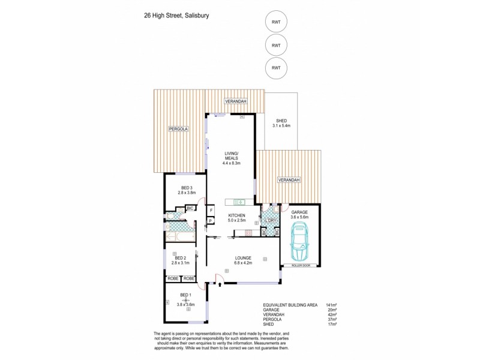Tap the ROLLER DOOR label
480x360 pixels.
pyautogui.click(x=300, y=264)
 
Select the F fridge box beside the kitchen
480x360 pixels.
pyautogui.click(x=211, y=210)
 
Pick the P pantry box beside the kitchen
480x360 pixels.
pyautogui.click(x=211, y=221)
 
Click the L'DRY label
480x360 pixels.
pyautogui.click(x=271, y=221)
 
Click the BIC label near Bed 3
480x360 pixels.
pyautogui.click(x=190, y=208)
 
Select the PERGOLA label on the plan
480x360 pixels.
pyautogui.click(x=178, y=129)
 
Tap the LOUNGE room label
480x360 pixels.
pyautogui.click(x=243, y=258)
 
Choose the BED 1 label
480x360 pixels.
pyautogui.click(x=185, y=295)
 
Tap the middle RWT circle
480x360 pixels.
pyautogui.click(x=276, y=45)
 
